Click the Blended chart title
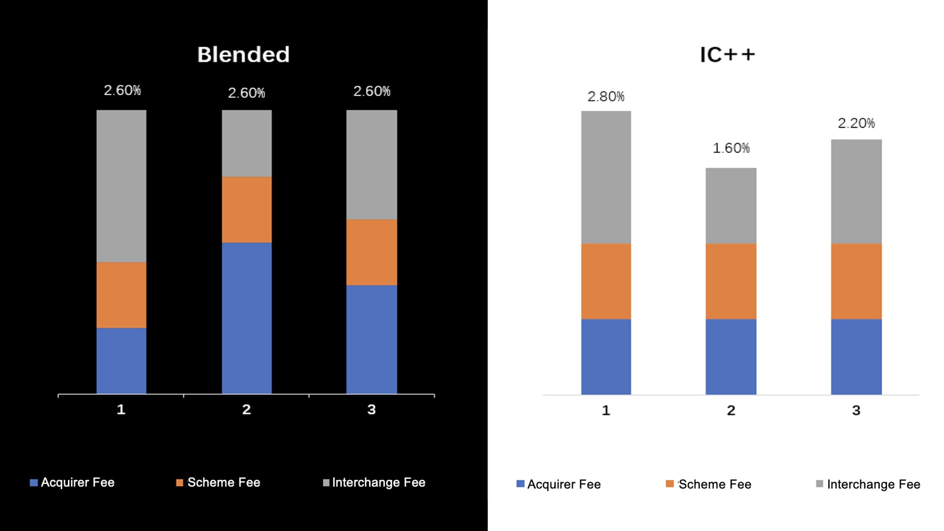tap(243, 55)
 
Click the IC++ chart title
tap(727, 55)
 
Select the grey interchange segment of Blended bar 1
tap(121, 186)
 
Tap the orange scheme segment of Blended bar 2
tap(247, 209)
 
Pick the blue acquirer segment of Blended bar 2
tap(247, 318)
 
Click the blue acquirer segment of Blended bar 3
tap(372, 339)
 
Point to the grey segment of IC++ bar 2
tap(731, 206)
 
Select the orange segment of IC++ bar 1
tap(606, 281)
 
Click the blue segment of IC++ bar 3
tap(856, 356)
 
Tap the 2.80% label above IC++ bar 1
tap(606, 96)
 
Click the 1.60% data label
tap(731, 148)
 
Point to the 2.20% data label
tap(856, 123)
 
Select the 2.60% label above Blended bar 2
tap(246, 93)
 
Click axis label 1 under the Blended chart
tap(121, 410)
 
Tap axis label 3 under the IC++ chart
tap(856, 411)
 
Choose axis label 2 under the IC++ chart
tap(731, 411)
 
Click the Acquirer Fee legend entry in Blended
tap(72, 482)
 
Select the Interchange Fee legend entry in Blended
tap(374, 482)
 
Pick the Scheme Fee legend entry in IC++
tap(708, 484)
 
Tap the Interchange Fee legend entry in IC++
tap(868, 484)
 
